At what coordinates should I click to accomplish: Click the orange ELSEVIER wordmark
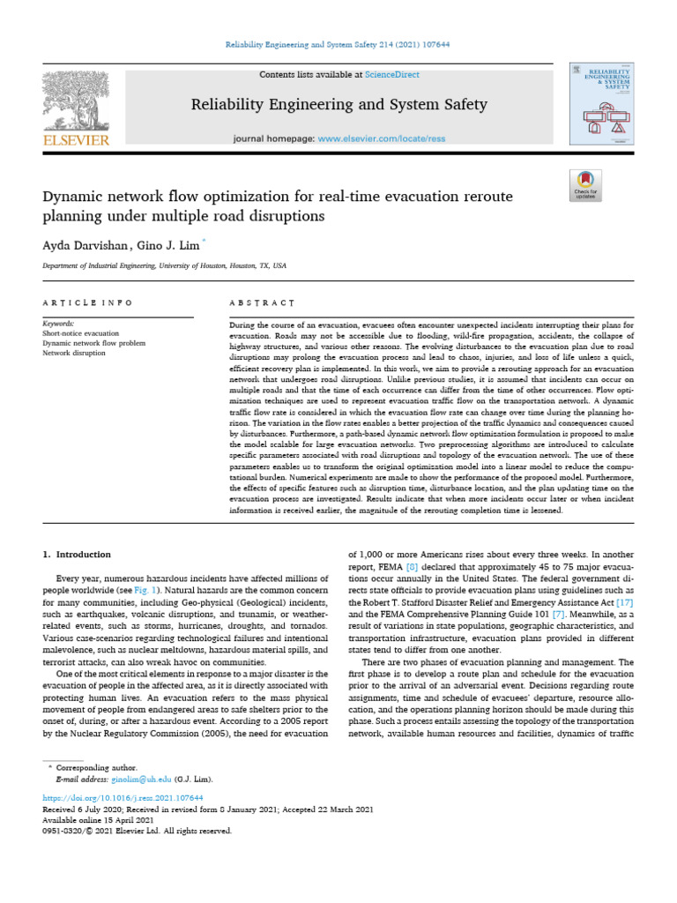tap(77, 140)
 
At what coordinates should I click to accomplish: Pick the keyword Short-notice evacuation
tap(80, 333)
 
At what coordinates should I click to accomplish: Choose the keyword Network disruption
tap(74, 353)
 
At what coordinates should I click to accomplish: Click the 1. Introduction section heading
tap(78, 554)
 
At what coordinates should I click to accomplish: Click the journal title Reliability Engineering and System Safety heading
tap(339, 105)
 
